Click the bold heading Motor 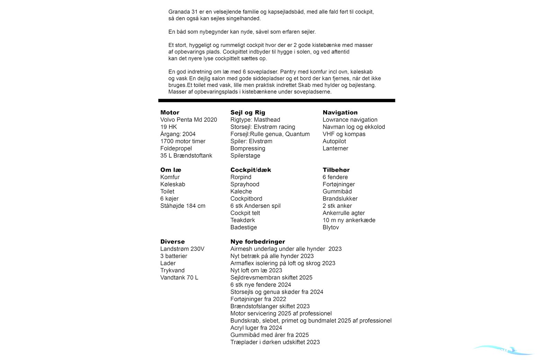(170, 112)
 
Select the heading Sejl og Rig (247, 112)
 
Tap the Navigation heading (340, 112)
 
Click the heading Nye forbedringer (258, 242)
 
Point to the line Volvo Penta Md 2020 (189, 120)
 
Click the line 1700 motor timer (183, 141)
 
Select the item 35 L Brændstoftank (186, 156)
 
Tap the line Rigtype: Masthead (255, 120)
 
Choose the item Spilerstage (245, 156)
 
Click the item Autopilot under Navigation (334, 141)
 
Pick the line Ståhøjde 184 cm (183, 206)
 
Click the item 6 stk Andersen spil (255, 206)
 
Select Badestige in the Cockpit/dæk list (244, 227)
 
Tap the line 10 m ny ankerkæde (349, 220)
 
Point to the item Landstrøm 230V (182, 249)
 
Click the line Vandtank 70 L (179, 278)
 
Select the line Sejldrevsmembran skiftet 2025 (271, 278)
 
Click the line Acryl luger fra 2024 (256, 328)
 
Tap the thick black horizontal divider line (277, 101)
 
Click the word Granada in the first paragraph (179, 12)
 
